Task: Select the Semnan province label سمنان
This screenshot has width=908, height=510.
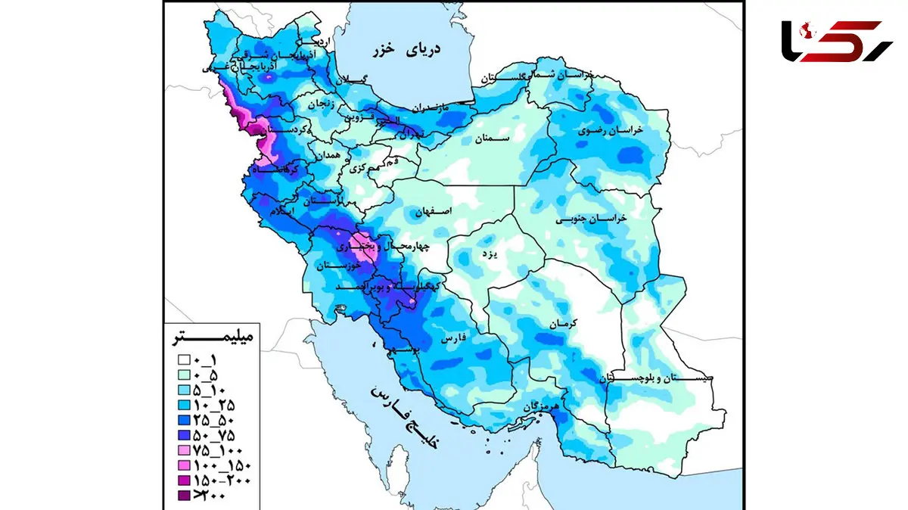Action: (494, 139)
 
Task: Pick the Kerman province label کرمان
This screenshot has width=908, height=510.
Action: (563, 323)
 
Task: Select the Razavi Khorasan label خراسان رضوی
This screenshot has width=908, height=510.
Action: (611, 131)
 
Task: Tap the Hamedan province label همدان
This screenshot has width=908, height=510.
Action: (328, 154)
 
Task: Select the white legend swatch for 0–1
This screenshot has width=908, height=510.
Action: (184, 360)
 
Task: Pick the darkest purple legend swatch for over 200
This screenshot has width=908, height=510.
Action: (184, 496)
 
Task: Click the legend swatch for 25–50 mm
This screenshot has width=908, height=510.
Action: (184, 421)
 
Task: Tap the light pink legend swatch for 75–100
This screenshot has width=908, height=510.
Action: (184, 451)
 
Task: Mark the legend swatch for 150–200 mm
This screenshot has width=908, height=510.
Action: (184, 481)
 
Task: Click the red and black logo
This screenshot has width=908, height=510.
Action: (837, 42)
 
